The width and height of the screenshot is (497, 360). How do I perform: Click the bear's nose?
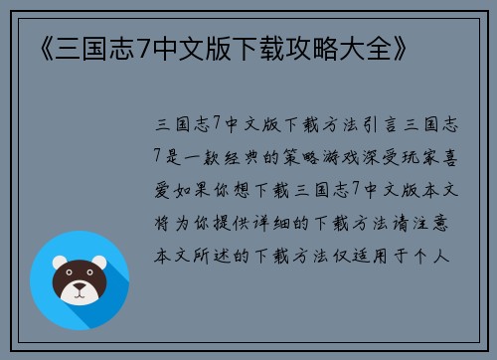[79, 289]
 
